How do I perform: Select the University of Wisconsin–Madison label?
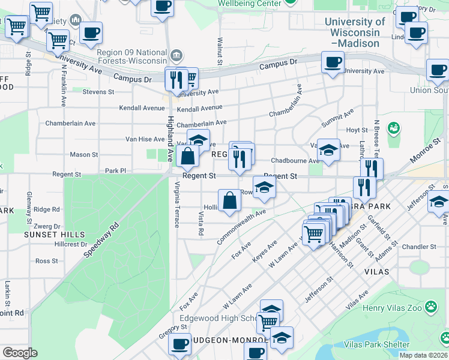pyautogui.click(x=355, y=32)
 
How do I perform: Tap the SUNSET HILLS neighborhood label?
pyautogui.click(x=54, y=235)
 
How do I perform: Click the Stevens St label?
pyautogui.click(x=98, y=92)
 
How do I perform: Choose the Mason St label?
pyautogui.click(x=84, y=154)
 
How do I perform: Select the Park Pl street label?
pyautogui.click(x=116, y=171)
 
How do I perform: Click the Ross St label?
pyautogui.click(x=46, y=261)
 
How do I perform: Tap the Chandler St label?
pyautogui.click(x=419, y=247)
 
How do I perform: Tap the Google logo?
pyautogui.click(x=20, y=353)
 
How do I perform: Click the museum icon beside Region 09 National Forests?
pyautogui.click(x=176, y=56)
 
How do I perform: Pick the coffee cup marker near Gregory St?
pyautogui.click(x=179, y=344)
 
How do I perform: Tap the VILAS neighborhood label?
pyautogui.click(x=376, y=271)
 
